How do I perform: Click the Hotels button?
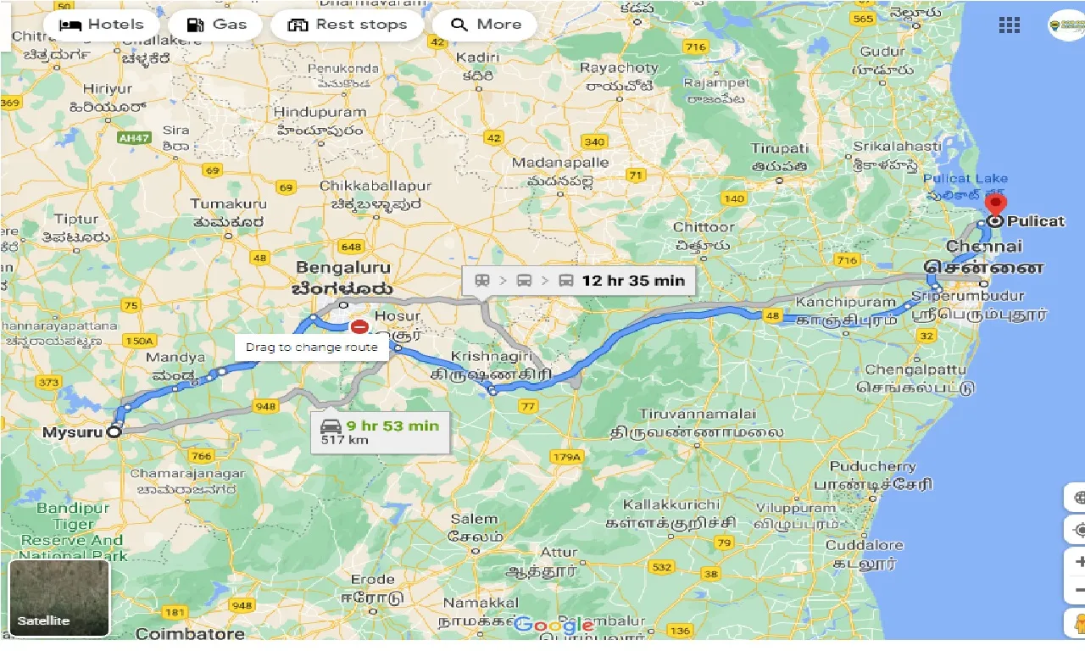click(102, 25)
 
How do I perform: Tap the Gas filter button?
click(216, 25)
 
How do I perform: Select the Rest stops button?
click(348, 25)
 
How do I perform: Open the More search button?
click(486, 25)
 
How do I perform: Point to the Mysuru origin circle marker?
click(114, 431)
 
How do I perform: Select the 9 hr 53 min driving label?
click(381, 431)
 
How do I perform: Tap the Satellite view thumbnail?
click(59, 598)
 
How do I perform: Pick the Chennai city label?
click(983, 247)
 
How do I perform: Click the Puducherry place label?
click(872, 467)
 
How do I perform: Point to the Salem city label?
click(474, 519)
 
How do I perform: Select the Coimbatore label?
click(190, 634)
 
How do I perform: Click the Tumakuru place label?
click(228, 203)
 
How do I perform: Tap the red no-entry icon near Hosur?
click(359, 325)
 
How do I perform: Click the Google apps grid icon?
click(1009, 25)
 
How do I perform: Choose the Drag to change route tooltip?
click(312, 347)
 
